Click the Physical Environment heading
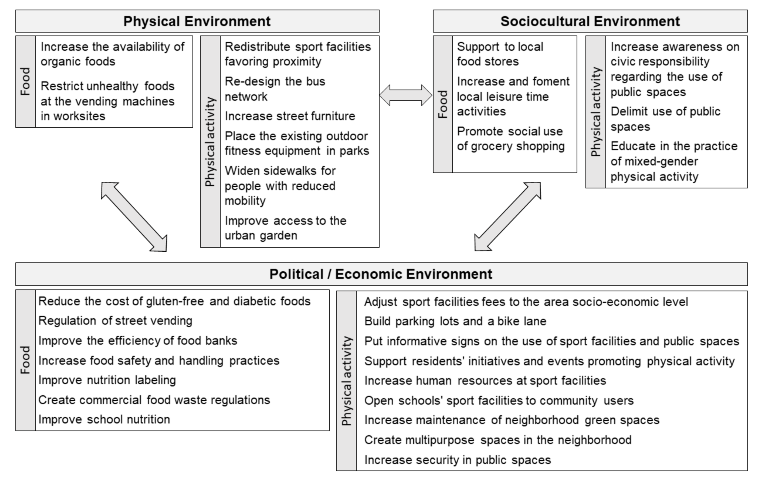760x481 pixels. (197, 22)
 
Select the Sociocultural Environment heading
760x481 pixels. (590, 22)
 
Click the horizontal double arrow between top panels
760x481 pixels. (406, 95)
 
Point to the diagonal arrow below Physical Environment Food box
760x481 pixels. (134, 217)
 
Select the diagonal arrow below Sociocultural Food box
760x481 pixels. (508, 217)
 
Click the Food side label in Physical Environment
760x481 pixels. (26, 81)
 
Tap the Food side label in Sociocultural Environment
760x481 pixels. (443, 104)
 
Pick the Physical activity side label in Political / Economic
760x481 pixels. (346, 381)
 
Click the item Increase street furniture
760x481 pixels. (290, 116)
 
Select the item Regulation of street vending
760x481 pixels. (115, 321)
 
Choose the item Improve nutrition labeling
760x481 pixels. (107, 380)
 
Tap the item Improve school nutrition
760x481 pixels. (104, 419)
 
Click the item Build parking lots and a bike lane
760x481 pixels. (455, 321)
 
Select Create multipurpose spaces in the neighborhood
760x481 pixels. (498, 440)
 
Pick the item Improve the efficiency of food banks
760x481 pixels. (138, 341)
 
